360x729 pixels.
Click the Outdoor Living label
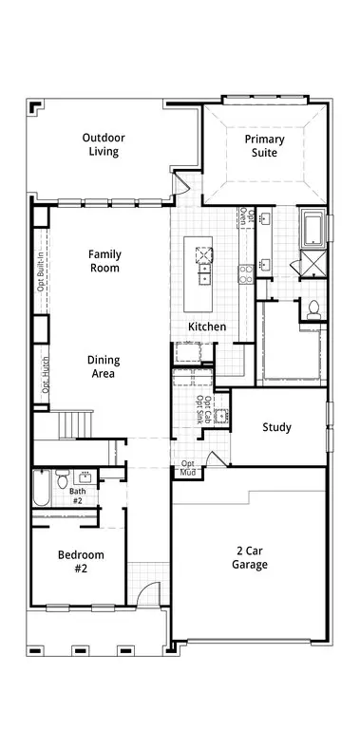click(x=104, y=144)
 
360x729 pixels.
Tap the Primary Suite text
click(x=264, y=145)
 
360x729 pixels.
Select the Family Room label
click(x=104, y=261)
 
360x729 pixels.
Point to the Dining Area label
click(x=104, y=366)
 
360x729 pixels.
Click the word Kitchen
click(x=207, y=327)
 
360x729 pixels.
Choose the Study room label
click(x=276, y=427)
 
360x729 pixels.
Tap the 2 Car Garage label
click(x=250, y=558)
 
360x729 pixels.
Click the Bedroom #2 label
click(x=81, y=561)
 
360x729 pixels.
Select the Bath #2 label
click(x=78, y=495)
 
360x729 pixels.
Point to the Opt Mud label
click(x=188, y=468)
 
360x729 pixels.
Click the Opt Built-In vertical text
click(x=41, y=273)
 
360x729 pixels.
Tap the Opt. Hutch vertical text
click(x=45, y=375)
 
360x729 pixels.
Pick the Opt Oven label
click(x=247, y=217)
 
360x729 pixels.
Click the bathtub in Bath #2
click(x=41, y=488)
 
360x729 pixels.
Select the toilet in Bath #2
click(x=63, y=478)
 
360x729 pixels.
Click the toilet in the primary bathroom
click(x=314, y=310)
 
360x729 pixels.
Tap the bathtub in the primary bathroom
click(x=314, y=228)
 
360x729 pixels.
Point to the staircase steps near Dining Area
click(x=75, y=424)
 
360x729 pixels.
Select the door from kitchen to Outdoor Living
click(x=180, y=183)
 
